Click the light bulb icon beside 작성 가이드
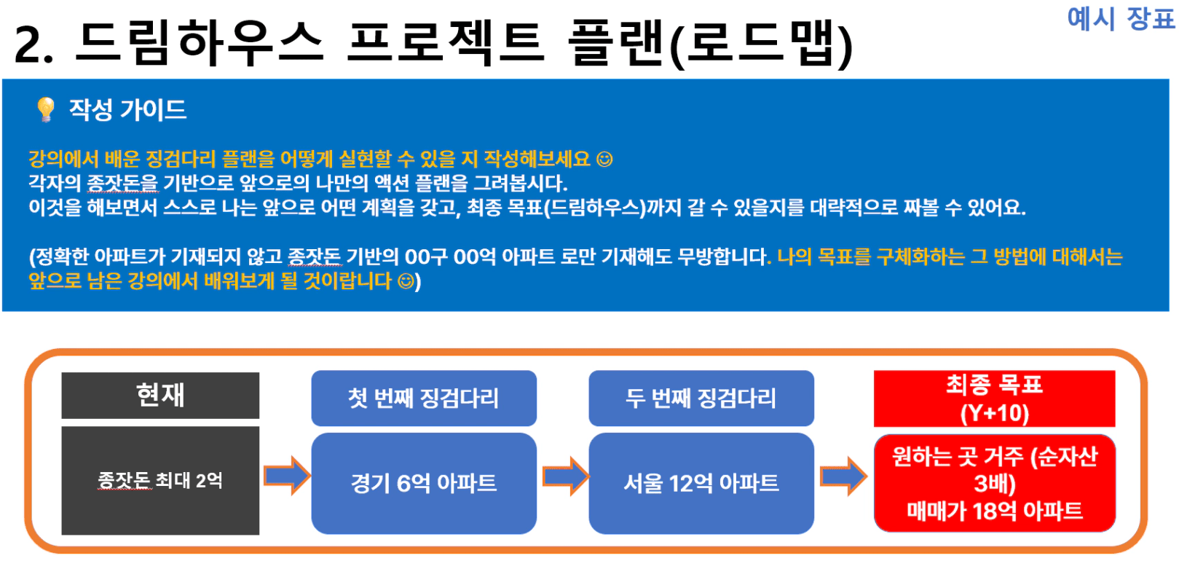click(x=46, y=109)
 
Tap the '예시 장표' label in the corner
click(x=1121, y=19)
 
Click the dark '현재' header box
click(x=160, y=396)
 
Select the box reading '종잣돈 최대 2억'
click(x=160, y=481)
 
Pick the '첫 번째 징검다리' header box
click(x=424, y=398)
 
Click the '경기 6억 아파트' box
click(x=424, y=483)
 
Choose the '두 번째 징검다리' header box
click(x=701, y=398)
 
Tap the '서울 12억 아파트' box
click(x=701, y=483)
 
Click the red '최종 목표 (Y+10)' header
click(x=994, y=399)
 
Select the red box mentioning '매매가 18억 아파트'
click(x=994, y=483)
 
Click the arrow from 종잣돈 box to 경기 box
click(x=287, y=476)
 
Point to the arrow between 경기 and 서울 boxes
click(x=566, y=476)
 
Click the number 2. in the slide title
click(x=34, y=45)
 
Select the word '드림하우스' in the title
click(x=199, y=42)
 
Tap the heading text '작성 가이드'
click(x=128, y=109)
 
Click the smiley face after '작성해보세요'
click(x=604, y=159)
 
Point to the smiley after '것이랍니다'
click(x=406, y=281)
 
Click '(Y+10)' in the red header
click(x=994, y=413)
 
